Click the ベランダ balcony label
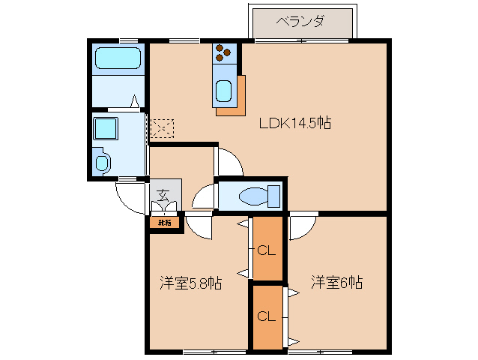coord(300,21)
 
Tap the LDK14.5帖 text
coord(295,124)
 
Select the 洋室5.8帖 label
coord(190,283)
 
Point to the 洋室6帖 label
coord(337,283)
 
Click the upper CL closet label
coord(267,250)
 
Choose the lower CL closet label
coord(267,316)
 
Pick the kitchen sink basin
coord(224,91)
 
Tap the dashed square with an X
coord(162,128)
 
